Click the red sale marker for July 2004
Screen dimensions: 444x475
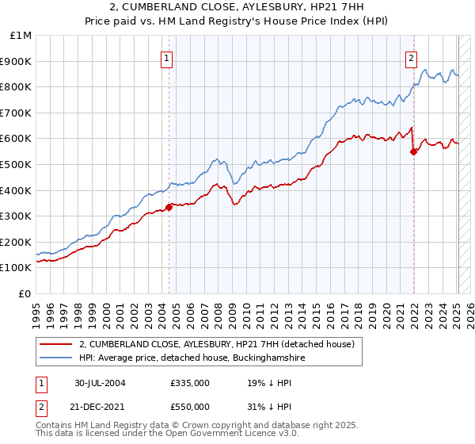(169, 207)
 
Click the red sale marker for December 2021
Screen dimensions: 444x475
(413, 151)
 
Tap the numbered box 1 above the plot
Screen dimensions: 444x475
(168, 57)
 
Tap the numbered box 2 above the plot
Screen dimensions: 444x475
(412, 57)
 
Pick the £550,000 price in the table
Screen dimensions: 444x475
(189, 407)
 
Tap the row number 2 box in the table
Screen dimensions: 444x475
(41, 407)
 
